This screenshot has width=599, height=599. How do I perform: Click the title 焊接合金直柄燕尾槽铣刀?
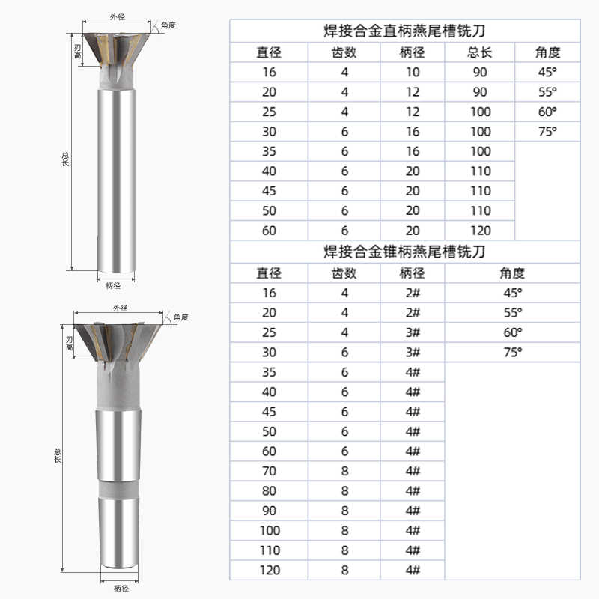[404, 31]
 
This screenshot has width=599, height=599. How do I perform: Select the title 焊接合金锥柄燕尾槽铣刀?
[404, 251]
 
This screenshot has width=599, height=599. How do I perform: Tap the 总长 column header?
[480, 52]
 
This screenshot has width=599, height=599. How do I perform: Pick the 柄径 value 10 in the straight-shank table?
[413, 73]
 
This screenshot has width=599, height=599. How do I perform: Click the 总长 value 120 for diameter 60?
[480, 231]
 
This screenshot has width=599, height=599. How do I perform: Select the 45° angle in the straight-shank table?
[547, 73]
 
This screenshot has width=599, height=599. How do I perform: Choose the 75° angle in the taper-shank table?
[512, 351]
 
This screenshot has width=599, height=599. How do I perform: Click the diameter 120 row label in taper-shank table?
[269, 570]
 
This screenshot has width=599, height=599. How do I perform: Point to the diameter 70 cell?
[269, 472]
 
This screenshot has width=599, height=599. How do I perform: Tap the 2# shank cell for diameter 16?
[413, 293]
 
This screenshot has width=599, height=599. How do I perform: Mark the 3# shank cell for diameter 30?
[413, 351]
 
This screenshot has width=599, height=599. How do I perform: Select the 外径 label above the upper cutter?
[118, 14]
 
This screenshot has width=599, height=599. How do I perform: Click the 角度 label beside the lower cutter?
[180, 317]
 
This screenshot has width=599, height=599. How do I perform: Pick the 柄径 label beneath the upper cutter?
[114, 285]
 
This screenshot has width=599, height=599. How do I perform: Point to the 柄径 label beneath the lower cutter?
[121, 588]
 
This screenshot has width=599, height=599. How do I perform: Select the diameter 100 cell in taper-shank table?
[269, 530]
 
